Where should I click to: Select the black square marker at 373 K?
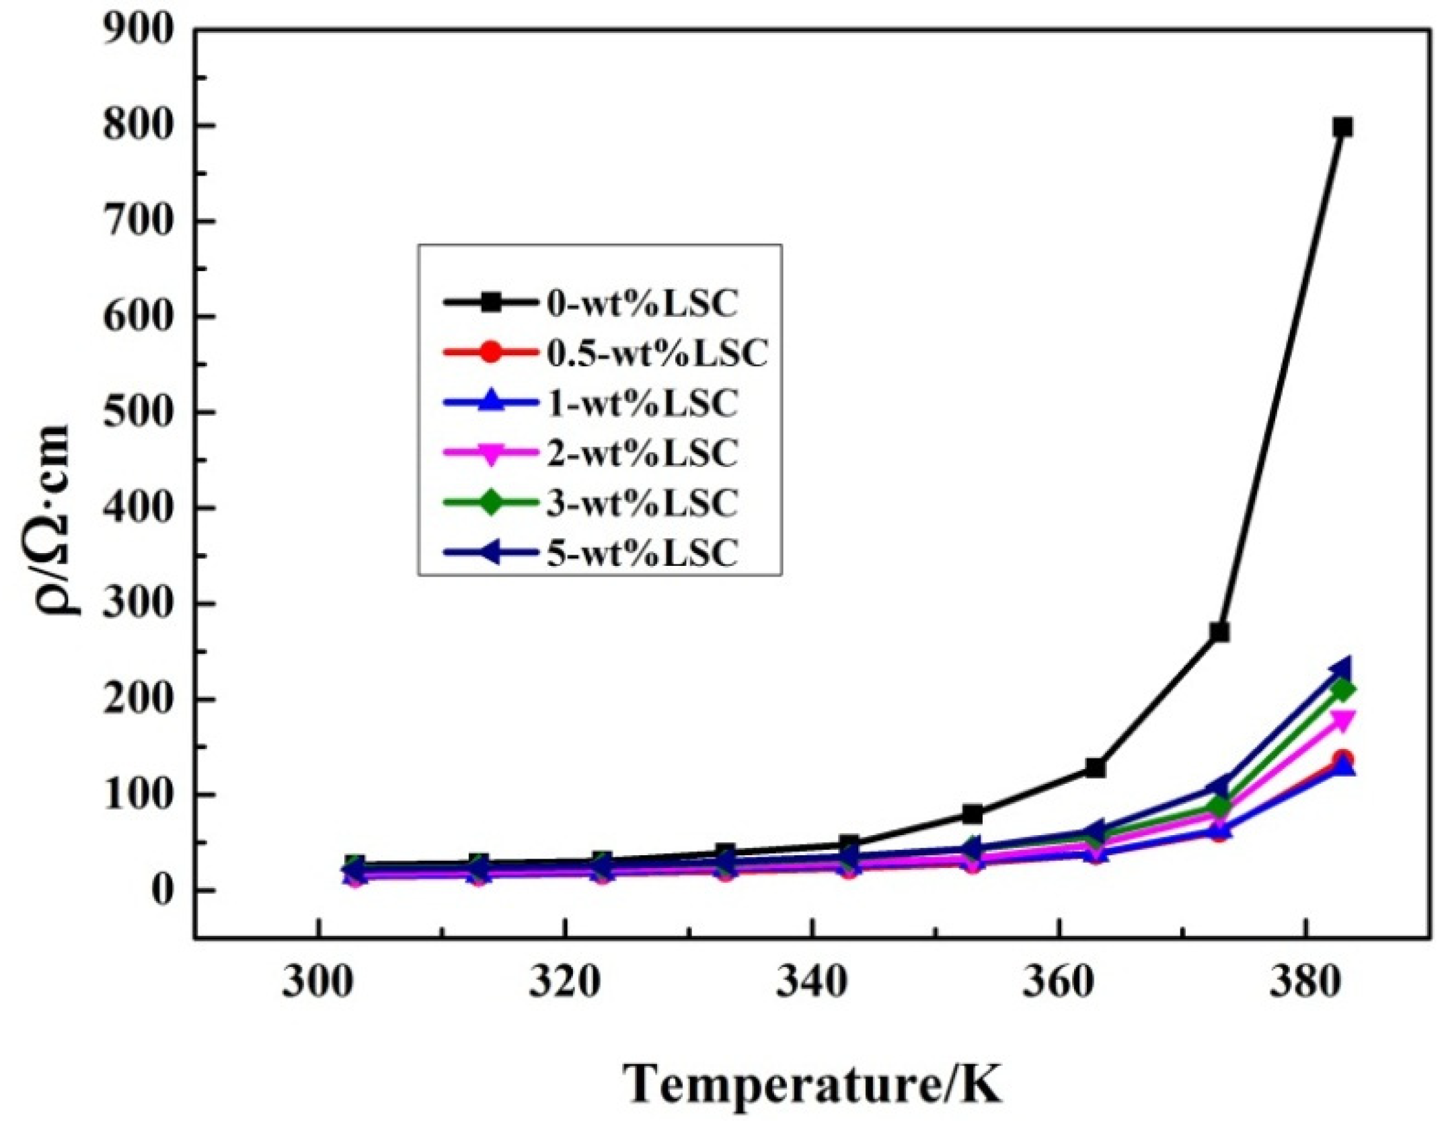1219,632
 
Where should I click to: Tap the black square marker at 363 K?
1096,768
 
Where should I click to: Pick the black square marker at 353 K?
973,815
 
